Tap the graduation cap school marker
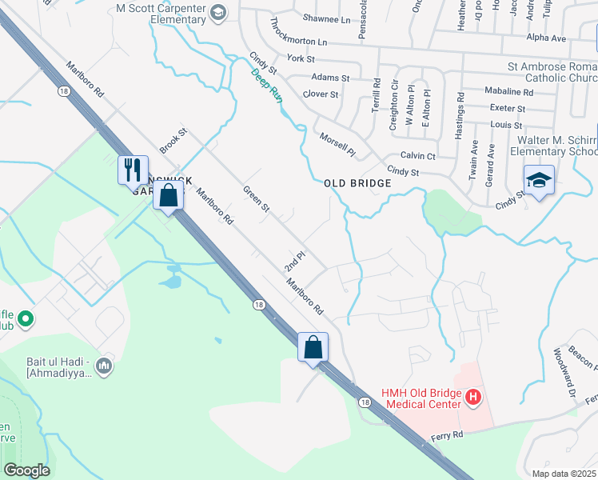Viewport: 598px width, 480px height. click(539, 180)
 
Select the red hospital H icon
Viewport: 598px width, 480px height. click(473, 397)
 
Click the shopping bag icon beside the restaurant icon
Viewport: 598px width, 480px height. click(169, 195)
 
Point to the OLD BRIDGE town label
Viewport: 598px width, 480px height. click(358, 183)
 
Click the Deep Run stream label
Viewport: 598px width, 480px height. click(267, 84)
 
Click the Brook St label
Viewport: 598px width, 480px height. click(173, 140)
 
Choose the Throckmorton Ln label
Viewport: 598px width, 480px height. click(299, 31)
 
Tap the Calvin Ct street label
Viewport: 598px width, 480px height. click(417, 156)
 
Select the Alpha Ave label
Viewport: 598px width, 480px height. click(546, 38)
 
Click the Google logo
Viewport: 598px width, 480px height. click(26, 470)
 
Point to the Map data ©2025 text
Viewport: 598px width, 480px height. click(563, 474)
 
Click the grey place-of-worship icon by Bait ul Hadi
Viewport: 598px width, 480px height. click(104, 366)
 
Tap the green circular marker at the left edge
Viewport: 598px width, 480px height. click(26, 319)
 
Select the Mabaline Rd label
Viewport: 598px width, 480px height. click(508, 92)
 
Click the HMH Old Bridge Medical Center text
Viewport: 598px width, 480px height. click(422, 398)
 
